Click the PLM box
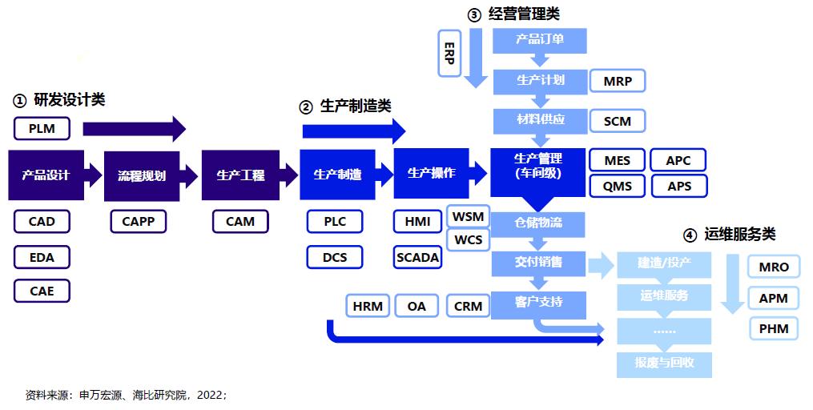pos(42,128)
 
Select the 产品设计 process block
pos(46,175)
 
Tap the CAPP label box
pos(139,222)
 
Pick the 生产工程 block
pos(240,175)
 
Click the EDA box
pos(42,257)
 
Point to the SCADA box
pos(417,257)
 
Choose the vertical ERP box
pos(449,53)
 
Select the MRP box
pos(617,82)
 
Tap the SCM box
pos(617,121)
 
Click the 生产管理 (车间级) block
pos(539,167)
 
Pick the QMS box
pos(617,187)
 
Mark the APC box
pos(678,160)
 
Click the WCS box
pos(468,239)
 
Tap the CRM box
pos(468,306)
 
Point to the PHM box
pos(773,328)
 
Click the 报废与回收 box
pos(664,363)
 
